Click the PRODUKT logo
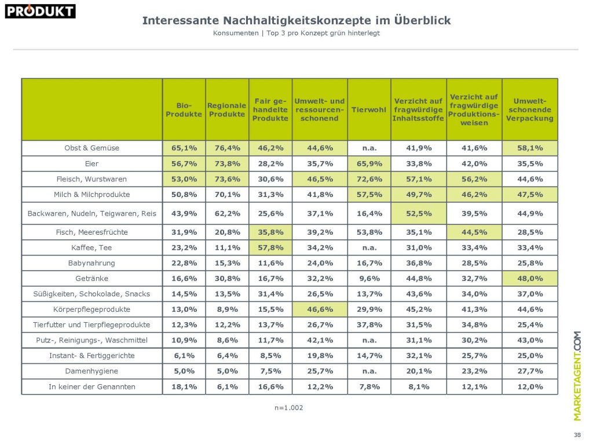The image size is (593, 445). point(41,10)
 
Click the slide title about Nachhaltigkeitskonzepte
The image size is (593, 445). point(296,20)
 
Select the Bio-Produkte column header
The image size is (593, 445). point(184,110)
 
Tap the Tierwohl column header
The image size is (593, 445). point(368,110)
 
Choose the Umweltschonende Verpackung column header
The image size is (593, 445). point(529,110)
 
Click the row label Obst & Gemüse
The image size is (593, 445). point(91,148)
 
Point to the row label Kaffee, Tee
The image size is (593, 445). point(91,247)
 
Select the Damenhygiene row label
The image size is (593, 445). point(91,371)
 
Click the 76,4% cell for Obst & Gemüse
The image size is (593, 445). point(227,148)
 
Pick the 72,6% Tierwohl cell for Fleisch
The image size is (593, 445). point(369,178)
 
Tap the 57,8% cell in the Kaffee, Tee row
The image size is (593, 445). point(270,247)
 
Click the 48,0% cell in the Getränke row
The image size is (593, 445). point(529,278)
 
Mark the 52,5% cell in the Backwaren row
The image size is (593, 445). point(418,213)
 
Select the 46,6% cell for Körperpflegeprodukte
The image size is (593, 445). point(319,309)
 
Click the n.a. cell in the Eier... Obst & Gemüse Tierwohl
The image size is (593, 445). point(369,148)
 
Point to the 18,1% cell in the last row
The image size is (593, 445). point(184,386)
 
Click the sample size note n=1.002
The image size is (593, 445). point(289,407)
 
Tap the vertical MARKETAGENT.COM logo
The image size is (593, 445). point(577,375)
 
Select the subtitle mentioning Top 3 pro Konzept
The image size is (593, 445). point(296,33)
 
